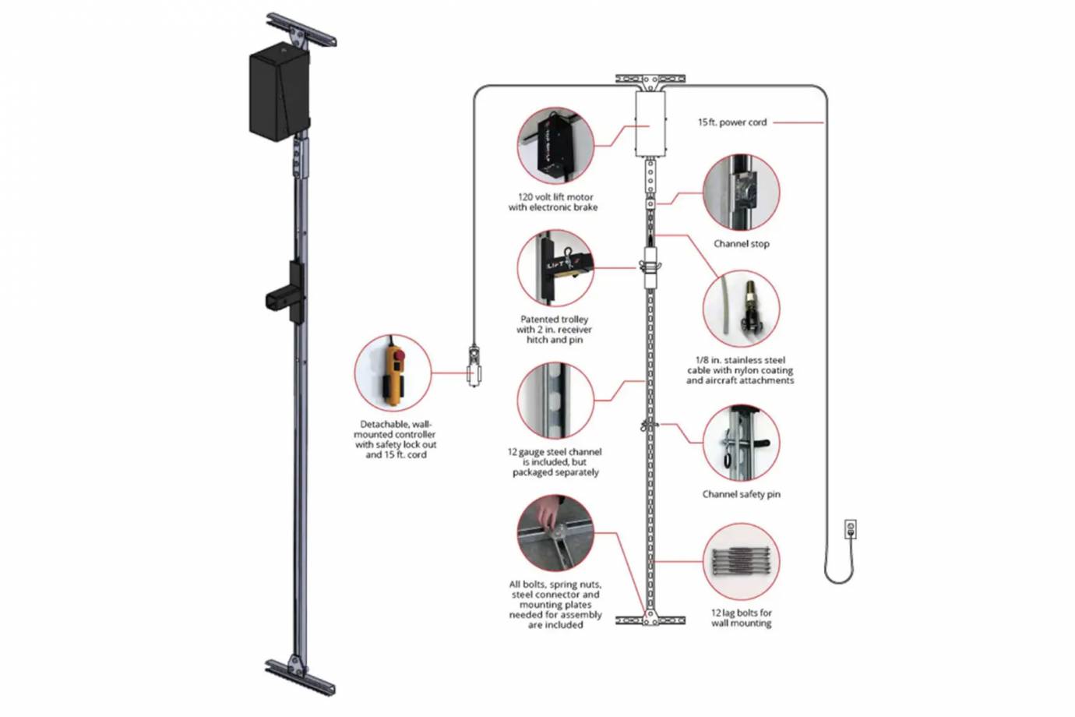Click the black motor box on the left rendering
click(x=279, y=92)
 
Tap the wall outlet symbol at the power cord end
click(x=851, y=530)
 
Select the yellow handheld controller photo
click(x=393, y=373)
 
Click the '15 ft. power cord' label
click(x=731, y=122)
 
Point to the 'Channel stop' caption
click(x=741, y=244)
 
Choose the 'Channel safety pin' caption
click(x=741, y=494)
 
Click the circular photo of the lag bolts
click(x=741, y=561)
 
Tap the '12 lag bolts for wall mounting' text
click(x=741, y=618)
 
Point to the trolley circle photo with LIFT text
click(x=555, y=268)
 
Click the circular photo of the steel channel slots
click(x=555, y=400)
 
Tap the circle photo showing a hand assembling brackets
click(x=555, y=533)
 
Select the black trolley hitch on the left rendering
click(x=287, y=293)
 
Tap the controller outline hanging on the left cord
click(x=473, y=366)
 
